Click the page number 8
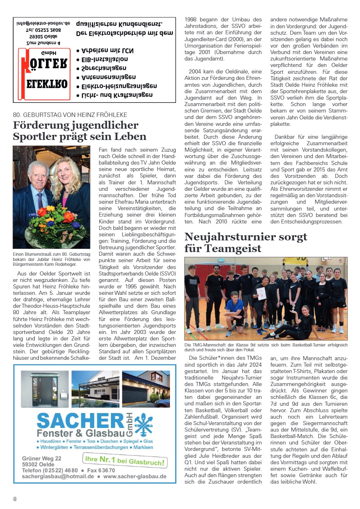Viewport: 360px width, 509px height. pos(15,499)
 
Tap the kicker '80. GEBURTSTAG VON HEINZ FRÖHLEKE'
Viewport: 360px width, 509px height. pos(70,115)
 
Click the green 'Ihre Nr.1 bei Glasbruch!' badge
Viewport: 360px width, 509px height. pos(125,461)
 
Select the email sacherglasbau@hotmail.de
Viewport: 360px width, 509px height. pos(58,477)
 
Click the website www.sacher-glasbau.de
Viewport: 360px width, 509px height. pos(135,477)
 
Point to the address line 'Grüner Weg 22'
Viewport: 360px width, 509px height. pos(42,459)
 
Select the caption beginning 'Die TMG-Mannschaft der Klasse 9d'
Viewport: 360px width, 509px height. pos(265,348)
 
